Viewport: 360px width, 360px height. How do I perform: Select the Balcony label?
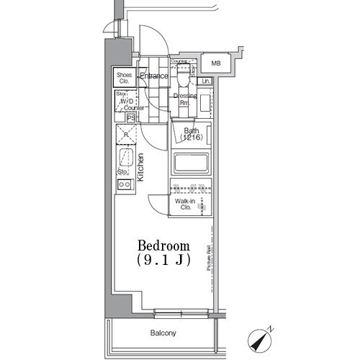(x=163, y=333)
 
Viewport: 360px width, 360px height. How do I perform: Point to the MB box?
(x=215, y=63)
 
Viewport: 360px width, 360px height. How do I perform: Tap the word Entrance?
(x=153, y=76)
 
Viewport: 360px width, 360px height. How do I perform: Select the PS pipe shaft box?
(x=131, y=117)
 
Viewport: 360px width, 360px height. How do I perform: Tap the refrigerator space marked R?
(x=125, y=135)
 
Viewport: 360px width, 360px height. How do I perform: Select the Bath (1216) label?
(x=191, y=135)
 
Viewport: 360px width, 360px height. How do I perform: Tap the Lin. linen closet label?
(x=206, y=81)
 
